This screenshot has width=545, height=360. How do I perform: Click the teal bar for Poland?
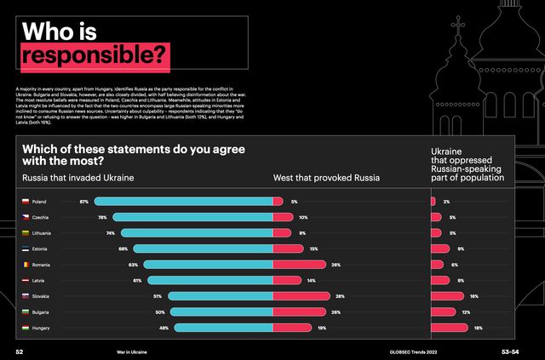point(183,202)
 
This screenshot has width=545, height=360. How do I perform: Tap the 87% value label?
point(84,202)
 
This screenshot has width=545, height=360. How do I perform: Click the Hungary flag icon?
point(26,328)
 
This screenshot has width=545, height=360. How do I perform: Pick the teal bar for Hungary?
point(222,328)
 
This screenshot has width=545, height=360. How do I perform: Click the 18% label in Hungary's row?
point(478,328)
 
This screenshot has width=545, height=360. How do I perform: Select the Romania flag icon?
point(26,265)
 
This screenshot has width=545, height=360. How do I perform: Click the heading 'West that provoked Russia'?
point(326,178)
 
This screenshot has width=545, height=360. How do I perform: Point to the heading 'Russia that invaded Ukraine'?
point(77,178)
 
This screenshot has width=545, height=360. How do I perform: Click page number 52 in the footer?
point(19,351)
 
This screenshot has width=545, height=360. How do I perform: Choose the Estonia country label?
point(39,249)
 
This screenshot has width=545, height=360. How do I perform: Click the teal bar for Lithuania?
point(195,233)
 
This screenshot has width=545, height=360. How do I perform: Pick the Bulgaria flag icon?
point(26,311)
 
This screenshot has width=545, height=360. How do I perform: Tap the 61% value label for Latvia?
point(137,280)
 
